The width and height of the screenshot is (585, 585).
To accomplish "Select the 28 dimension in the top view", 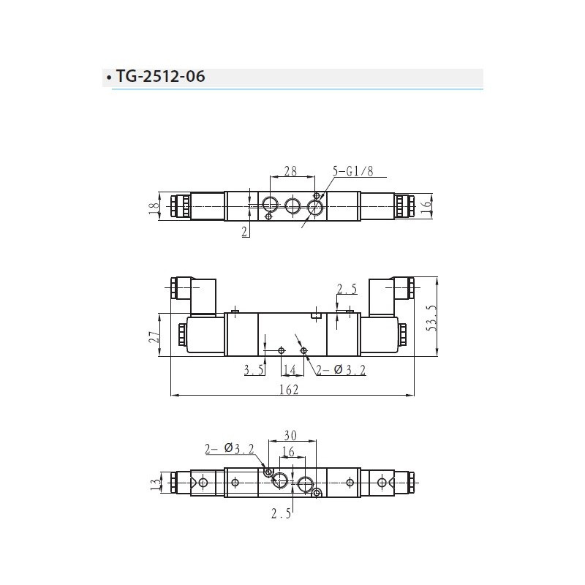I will (290, 171).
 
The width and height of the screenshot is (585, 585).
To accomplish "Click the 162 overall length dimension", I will (289, 390).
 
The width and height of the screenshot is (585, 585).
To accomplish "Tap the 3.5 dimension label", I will (254, 371).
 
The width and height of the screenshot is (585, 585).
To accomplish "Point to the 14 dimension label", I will (289, 371).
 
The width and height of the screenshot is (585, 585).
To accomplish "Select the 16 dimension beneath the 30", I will (288, 453).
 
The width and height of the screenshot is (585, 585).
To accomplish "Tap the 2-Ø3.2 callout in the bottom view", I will (230, 448).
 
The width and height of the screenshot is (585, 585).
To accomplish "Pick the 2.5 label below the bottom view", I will (281, 514).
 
